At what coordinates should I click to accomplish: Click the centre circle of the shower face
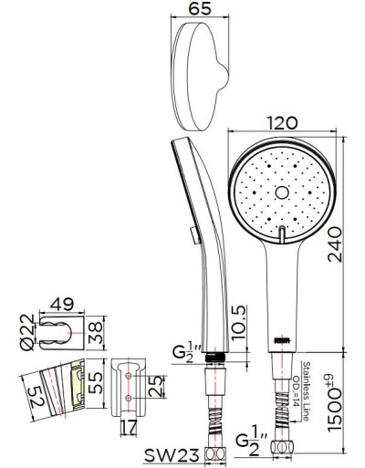coord(278,193)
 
